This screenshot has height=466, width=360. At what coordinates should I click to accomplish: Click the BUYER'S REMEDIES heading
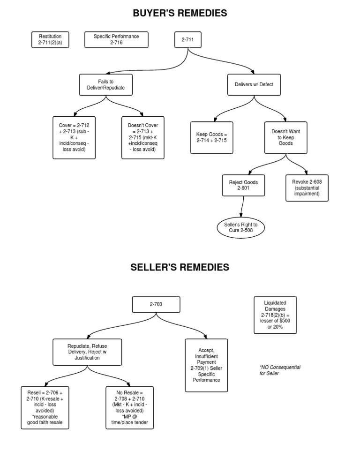180,13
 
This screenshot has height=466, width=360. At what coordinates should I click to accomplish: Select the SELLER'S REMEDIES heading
180,267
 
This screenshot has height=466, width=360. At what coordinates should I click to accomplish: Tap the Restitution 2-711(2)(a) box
50,39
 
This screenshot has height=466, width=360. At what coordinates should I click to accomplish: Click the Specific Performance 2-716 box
116,39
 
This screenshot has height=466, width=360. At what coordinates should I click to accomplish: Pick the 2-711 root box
188,40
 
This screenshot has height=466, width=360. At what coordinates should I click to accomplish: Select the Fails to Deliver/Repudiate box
106,85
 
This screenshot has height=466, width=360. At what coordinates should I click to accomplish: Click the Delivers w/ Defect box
254,85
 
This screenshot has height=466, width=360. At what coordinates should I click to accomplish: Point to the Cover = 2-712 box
75,138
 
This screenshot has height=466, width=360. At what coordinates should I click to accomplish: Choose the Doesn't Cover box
143,138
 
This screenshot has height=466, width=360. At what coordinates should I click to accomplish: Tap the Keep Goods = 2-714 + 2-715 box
212,137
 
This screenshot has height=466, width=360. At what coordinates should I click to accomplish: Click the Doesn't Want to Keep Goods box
286,137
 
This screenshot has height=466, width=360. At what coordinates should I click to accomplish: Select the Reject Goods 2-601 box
244,185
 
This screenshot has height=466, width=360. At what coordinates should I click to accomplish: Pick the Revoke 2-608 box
307,188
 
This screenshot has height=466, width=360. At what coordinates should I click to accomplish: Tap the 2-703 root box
156,304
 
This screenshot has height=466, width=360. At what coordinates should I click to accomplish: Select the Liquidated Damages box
275,315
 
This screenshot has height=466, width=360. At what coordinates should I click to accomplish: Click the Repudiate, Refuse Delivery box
87,352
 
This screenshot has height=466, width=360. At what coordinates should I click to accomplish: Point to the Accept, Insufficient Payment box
206,365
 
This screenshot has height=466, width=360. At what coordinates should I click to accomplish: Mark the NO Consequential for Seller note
280,370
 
